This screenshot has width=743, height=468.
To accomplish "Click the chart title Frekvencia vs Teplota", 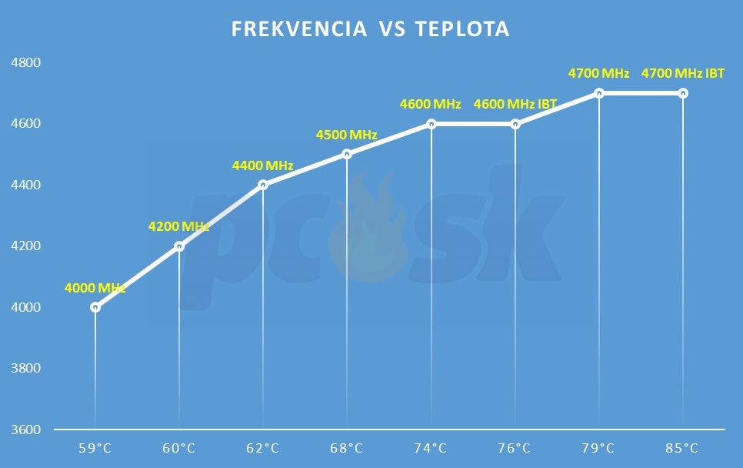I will (371, 29).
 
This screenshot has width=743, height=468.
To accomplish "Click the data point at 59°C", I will (95, 307).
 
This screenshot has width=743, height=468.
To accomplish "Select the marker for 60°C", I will (179, 246).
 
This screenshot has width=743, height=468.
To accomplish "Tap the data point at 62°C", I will (263, 185).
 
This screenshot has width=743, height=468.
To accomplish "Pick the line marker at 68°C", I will (347, 154).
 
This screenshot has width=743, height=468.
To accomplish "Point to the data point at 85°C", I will (682, 93).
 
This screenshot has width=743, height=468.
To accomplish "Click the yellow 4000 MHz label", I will (95, 289).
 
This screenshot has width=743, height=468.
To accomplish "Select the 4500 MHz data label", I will (347, 135).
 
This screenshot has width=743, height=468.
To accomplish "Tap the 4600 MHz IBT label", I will (515, 105).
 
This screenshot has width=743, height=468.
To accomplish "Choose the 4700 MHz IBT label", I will (682, 74).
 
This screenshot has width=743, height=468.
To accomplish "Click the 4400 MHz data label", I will (263, 165).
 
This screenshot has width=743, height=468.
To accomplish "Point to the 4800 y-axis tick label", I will (25, 62).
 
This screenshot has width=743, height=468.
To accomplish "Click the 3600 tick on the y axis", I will (25, 430).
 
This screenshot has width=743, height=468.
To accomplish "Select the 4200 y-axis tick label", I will (25, 246).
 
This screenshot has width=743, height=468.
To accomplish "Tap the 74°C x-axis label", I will (431, 448).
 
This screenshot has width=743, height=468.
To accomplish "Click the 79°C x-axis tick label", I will (598, 448).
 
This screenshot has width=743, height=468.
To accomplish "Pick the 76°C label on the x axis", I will (515, 448).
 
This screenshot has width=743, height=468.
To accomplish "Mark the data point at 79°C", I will (598, 93).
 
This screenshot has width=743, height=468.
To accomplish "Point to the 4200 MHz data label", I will (179, 227).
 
